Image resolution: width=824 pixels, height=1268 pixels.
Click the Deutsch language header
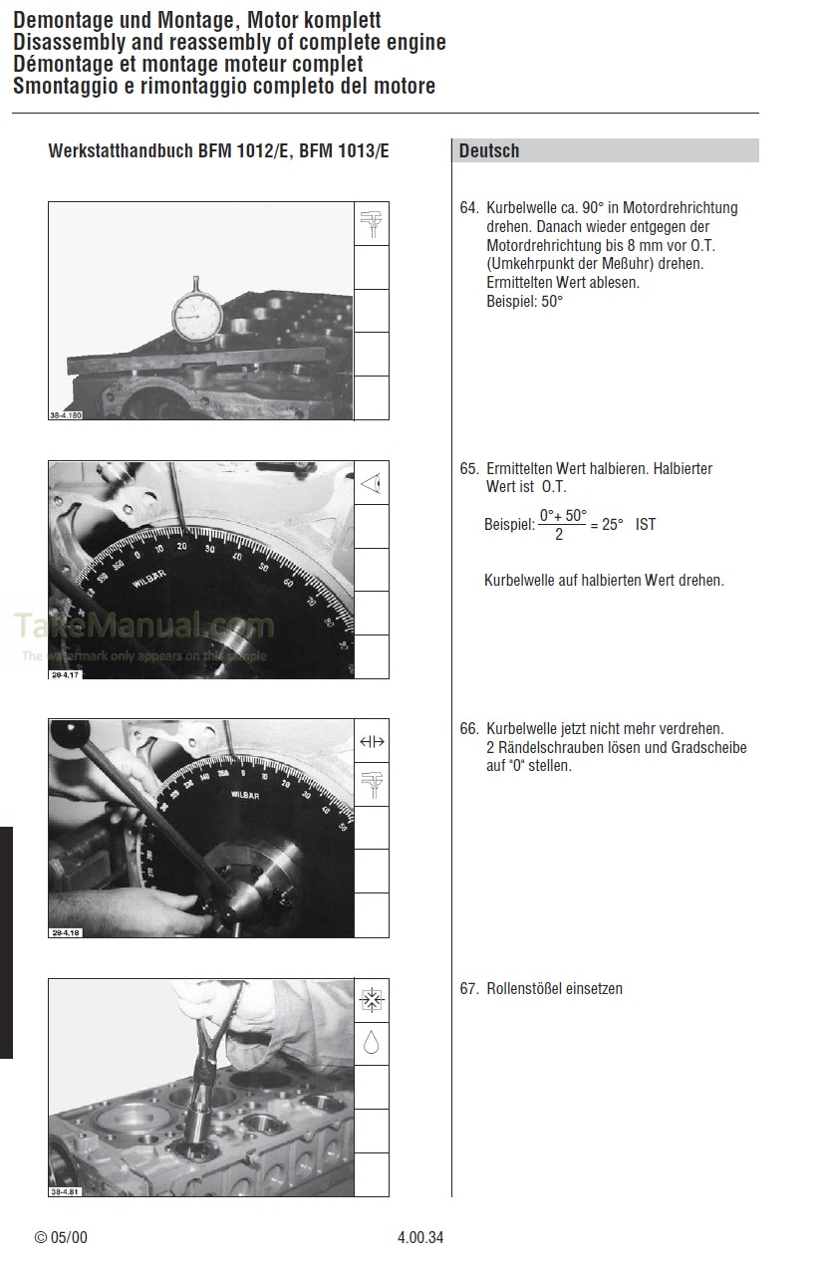pos(489,151)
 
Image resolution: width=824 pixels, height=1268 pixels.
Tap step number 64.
pos(468,209)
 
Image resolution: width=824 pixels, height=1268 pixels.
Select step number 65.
pos(468,468)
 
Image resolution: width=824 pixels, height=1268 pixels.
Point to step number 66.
pos(468,729)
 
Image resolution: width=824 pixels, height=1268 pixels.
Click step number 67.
pos(468,989)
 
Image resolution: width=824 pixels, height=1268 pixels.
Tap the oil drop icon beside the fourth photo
pos(372,1043)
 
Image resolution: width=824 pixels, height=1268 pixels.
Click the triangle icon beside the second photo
pos(372,484)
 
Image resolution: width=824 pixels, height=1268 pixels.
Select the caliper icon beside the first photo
pos(372,224)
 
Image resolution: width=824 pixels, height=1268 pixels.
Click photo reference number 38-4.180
pos(65,415)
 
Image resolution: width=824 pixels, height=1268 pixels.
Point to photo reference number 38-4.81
pos(63,1192)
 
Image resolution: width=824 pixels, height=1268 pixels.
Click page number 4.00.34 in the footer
pos(419,1238)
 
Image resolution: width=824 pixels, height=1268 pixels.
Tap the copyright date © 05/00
pos(62,1238)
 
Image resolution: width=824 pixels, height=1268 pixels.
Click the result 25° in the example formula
pos(612,524)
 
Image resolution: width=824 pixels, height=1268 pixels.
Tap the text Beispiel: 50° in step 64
pos(524,300)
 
